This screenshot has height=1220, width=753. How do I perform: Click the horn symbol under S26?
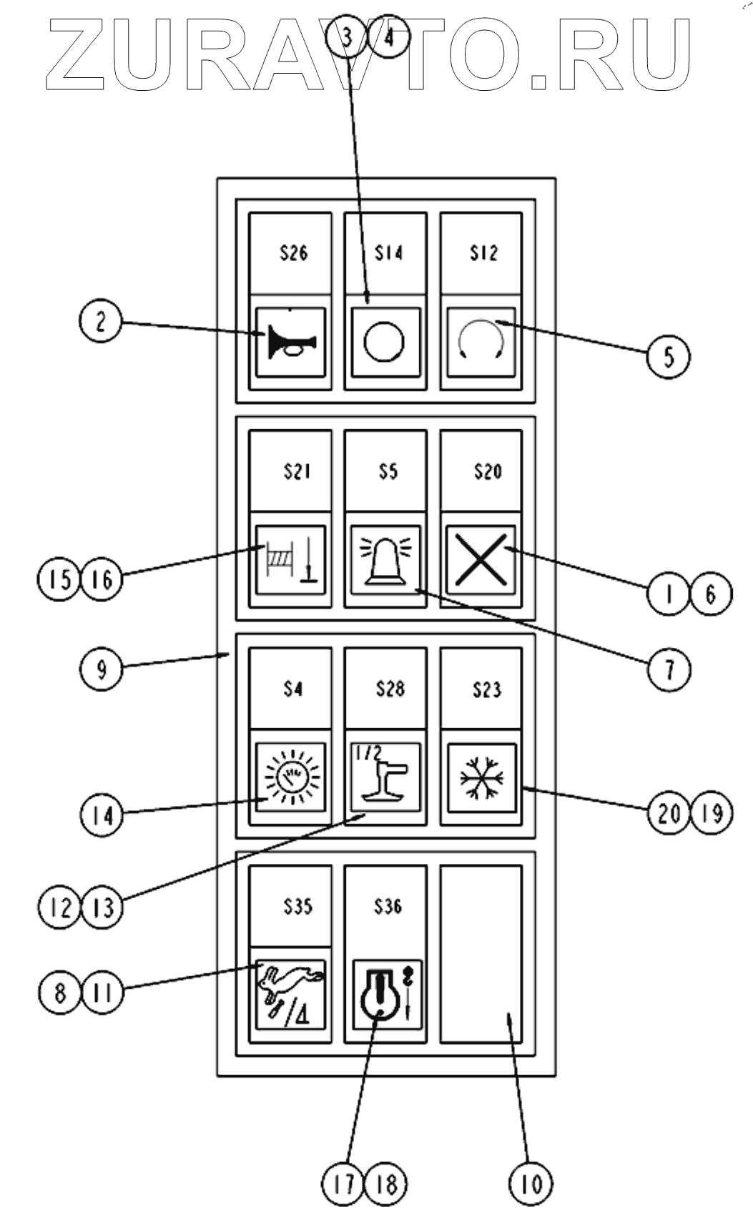[x=290, y=342]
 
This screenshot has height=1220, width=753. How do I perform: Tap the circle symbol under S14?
[x=385, y=341]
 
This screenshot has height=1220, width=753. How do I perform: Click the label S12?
[x=483, y=253]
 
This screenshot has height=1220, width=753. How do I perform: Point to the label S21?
[x=296, y=472]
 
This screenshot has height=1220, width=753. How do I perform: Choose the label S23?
[x=487, y=690]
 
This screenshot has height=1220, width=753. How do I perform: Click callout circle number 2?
[x=100, y=322]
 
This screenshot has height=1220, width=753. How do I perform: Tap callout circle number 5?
[x=668, y=355]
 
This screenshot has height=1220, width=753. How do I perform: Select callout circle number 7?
[x=669, y=669]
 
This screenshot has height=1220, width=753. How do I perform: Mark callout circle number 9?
[x=101, y=669]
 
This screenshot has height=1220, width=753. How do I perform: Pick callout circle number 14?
[x=102, y=815]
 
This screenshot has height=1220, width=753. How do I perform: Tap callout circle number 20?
[x=668, y=813]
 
